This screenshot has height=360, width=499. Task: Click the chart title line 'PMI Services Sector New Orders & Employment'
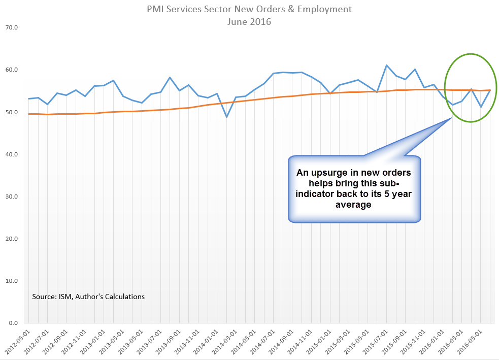tap(249, 10)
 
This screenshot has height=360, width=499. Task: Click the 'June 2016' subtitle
tap(249, 22)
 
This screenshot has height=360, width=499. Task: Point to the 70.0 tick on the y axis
tap(11, 27)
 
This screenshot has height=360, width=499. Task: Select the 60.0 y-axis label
tap(11, 70)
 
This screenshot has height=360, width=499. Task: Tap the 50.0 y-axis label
tap(11, 112)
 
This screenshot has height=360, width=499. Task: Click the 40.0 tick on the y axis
tap(11, 154)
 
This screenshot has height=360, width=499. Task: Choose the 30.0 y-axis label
tap(11, 197)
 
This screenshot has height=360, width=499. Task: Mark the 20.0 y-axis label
tap(11, 239)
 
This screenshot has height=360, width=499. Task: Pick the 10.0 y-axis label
tap(11, 281)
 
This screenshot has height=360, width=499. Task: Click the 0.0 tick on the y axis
tap(12, 323)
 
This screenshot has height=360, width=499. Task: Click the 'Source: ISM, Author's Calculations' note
tap(88, 297)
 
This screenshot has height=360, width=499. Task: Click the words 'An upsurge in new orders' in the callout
tap(354, 173)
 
